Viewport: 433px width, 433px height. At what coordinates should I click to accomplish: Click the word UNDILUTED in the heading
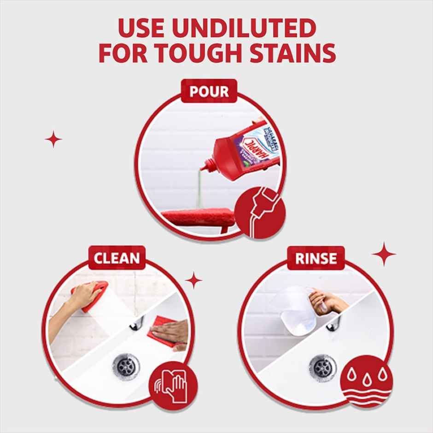pyautogui.click(x=246, y=28)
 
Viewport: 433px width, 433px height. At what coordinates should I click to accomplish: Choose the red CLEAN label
pyautogui.click(x=117, y=258)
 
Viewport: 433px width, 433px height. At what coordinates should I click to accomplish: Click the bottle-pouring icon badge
pyautogui.click(x=259, y=213)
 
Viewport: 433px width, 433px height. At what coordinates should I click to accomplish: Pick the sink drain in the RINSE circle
pyautogui.click(x=322, y=367)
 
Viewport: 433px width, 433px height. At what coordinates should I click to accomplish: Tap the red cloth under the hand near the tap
pyautogui.click(x=161, y=331)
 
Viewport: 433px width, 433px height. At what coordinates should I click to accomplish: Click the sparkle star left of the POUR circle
pyautogui.click(x=53, y=139)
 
